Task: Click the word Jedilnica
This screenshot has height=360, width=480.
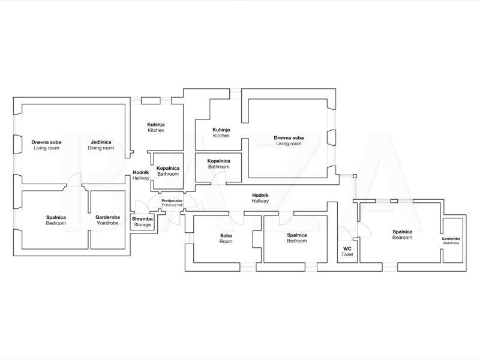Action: coord(101,142)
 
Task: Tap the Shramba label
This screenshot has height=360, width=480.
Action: coord(142,219)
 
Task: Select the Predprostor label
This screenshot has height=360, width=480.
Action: coord(172,200)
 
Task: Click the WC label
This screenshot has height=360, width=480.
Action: coord(347,248)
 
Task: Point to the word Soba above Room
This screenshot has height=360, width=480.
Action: coord(226,236)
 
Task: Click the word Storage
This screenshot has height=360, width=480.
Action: coord(142,224)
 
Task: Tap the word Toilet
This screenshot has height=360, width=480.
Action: coord(347,254)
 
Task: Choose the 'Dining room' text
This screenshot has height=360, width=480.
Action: coord(101,148)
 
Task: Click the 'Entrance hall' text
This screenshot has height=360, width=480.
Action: coord(172,205)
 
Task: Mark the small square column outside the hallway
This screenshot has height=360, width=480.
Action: coord(355,176)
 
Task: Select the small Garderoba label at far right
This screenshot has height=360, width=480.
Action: coord(451,239)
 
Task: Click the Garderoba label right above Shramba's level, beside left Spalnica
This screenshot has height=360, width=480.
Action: coord(108,217)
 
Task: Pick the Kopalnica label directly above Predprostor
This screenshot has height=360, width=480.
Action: coord(168,168)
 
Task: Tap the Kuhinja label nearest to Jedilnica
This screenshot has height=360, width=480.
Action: coord(156,125)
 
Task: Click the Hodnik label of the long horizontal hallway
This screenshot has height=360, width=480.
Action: coord(260,195)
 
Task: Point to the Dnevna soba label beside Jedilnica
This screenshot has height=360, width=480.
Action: coord(46,142)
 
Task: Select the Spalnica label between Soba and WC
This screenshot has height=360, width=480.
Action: coord(297,235)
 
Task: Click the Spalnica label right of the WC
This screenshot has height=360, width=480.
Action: coord(402,232)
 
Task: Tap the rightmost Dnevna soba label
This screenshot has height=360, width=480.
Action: coord(289,138)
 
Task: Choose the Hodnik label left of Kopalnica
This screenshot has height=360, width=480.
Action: coord(141,172)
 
